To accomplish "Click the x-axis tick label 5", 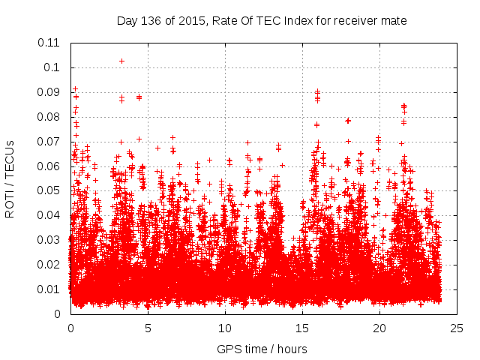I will coord(148,328).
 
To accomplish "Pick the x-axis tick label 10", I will coord(225,328).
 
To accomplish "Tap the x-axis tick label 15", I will coord(302,328).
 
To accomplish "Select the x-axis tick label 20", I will coord(379,328).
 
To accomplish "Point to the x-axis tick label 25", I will coord(457,328).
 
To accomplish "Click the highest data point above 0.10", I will coord(121,61).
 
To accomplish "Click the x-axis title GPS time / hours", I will coord(262,349).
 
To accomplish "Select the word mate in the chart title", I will coord(394,20).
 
